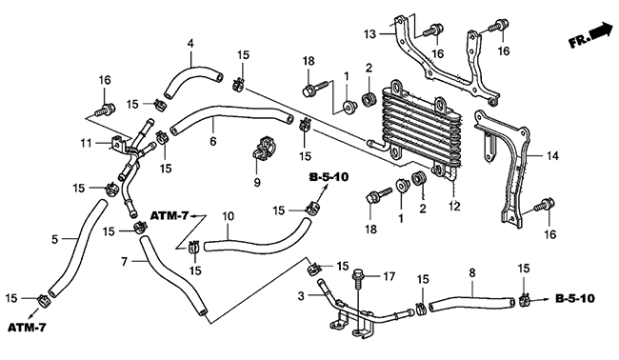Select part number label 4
click(x=190, y=43)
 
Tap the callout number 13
click(x=370, y=34)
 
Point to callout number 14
click(x=552, y=156)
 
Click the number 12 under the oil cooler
click(x=454, y=206)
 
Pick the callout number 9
click(x=257, y=183)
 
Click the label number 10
click(x=229, y=216)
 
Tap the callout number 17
click(x=389, y=277)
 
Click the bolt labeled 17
click(x=358, y=277)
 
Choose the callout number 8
click(x=472, y=272)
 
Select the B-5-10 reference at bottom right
click(x=574, y=298)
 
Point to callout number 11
click(x=86, y=143)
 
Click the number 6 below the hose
click(x=213, y=141)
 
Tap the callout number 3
click(x=301, y=295)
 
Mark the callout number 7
click(x=125, y=261)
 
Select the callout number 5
click(x=55, y=239)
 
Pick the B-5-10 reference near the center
click(x=329, y=177)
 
